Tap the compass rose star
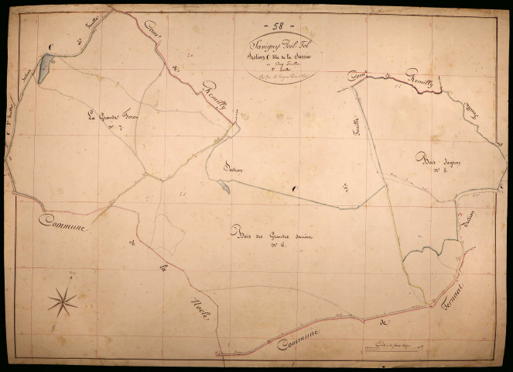tap(63, 301)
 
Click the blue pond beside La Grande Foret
tap(43, 71)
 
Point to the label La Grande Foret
tap(111, 118)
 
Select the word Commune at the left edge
tap(62, 224)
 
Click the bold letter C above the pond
tap(50, 48)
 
